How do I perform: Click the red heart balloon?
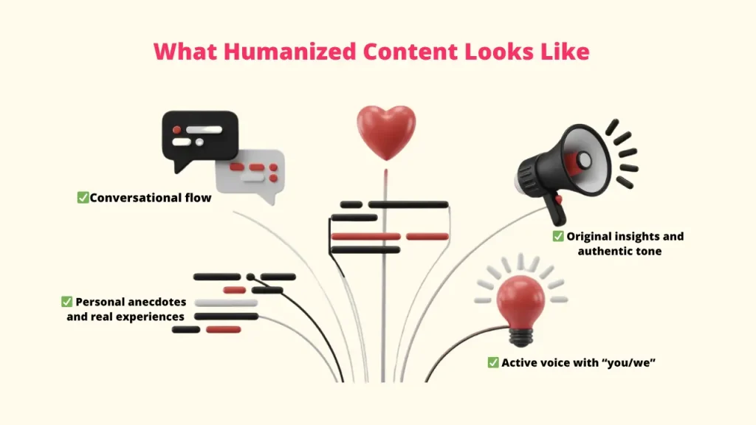pyautogui.click(x=385, y=131)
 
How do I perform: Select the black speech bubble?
pyautogui.click(x=199, y=137)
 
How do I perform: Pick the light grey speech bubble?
pyautogui.click(x=252, y=174)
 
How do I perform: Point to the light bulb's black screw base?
pyautogui.click(x=522, y=336)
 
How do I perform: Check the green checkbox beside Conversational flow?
pyautogui.click(x=83, y=198)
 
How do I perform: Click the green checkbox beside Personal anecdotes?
pyautogui.click(x=66, y=302)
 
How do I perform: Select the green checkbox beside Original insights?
pyautogui.click(x=558, y=236)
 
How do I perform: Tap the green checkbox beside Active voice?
pyautogui.click(x=492, y=362)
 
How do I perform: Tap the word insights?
pyautogui.click(x=634, y=236)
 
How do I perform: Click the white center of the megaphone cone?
pyautogui.click(x=584, y=159)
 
